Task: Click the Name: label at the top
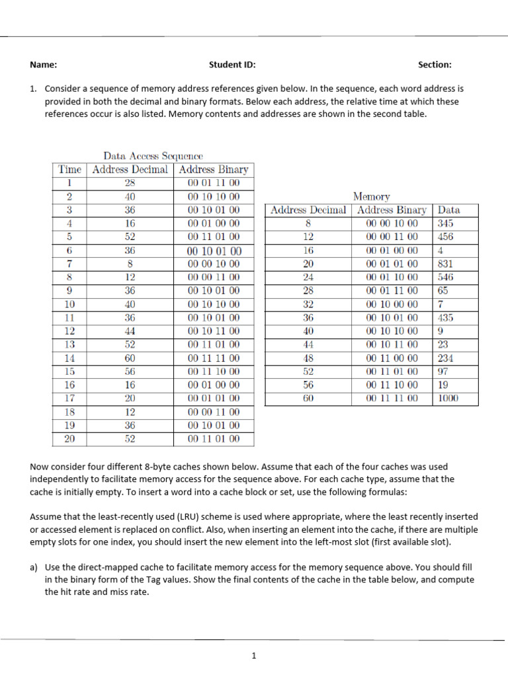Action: [43, 65]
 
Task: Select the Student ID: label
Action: [232, 65]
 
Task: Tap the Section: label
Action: [435, 65]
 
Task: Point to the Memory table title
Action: [372, 196]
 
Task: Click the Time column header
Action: [69, 169]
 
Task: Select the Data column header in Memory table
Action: [448, 210]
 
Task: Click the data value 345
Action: [446, 223]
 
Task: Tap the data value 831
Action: [446, 264]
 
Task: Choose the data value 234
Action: [446, 358]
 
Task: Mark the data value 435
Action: [446, 318]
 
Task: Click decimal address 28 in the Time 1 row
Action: [130, 183]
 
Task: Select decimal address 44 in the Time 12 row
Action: [130, 331]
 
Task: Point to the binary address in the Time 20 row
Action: [214, 439]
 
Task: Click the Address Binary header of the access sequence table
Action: [214, 169]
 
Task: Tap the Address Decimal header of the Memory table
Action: [308, 210]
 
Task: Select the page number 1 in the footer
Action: [253, 656]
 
